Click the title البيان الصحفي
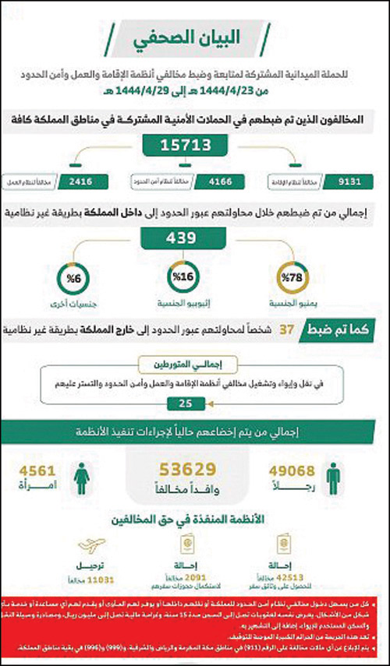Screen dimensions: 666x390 click(194, 37)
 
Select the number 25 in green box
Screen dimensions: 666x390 click(185, 403)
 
